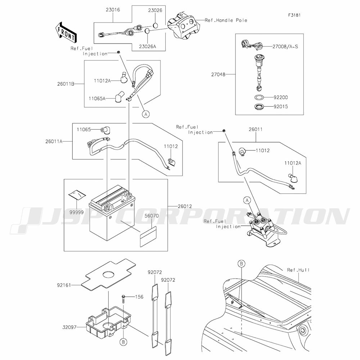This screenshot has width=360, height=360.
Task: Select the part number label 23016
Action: pyautogui.click(x=113, y=10)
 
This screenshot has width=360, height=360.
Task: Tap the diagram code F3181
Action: pyautogui.click(x=294, y=15)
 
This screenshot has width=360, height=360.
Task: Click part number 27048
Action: pyautogui.click(x=219, y=75)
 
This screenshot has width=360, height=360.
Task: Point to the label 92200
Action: pyautogui.click(x=280, y=97)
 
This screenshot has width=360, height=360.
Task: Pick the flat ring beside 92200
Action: pyautogui.click(x=259, y=97)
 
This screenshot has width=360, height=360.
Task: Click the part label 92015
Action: pyautogui.click(x=280, y=107)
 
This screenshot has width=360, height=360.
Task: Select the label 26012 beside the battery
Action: pyautogui.click(x=185, y=206)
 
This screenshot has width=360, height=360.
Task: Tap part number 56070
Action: pyautogui.click(x=152, y=216)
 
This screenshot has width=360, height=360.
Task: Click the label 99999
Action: pyautogui.click(x=77, y=212)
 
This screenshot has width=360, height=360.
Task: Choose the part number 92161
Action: pyautogui.click(x=64, y=285)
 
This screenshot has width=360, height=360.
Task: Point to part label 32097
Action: pyautogui.click(x=69, y=327)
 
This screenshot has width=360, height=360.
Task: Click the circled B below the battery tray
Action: pyautogui.click(x=123, y=342)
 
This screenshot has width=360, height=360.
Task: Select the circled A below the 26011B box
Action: pyautogui.click(x=146, y=114)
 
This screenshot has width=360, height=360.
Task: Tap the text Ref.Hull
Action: pyautogui.click(x=298, y=270)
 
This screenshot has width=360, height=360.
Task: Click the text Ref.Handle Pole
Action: pyautogui.click(x=226, y=20)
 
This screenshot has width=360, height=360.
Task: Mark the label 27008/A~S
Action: pyautogui.click(x=285, y=46)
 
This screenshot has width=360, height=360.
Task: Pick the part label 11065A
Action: pyautogui.click(x=97, y=99)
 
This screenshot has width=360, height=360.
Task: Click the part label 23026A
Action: pyautogui.click(x=147, y=46)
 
